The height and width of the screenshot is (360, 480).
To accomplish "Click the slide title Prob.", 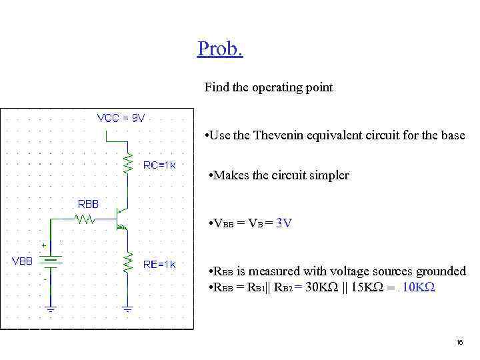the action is click(x=220, y=49).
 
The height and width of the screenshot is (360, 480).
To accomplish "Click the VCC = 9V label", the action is click(x=121, y=118).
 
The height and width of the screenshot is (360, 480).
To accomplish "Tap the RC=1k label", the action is click(x=160, y=165).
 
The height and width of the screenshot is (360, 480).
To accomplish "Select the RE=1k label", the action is click(x=160, y=264).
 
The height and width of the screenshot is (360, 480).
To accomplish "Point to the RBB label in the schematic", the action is click(x=89, y=203).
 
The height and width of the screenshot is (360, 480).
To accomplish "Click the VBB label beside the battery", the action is click(x=22, y=261).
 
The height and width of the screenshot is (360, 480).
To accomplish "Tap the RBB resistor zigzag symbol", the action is click(x=86, y=217).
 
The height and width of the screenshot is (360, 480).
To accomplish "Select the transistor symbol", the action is click(x=121, y=218).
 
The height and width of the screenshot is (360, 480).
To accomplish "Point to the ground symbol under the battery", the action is click(x=51, y=308).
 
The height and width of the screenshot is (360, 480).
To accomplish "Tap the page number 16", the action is click(x=459, y=342).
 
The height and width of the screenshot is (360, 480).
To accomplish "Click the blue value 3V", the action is click(x=283, y=223).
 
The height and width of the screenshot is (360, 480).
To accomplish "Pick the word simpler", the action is click(x=327, y=176).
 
